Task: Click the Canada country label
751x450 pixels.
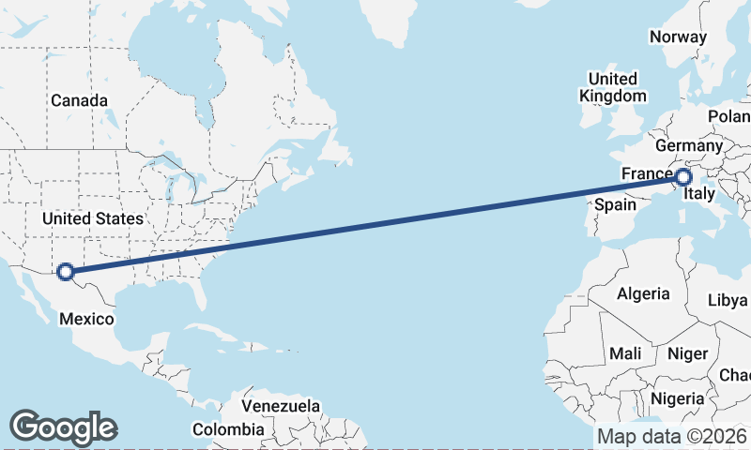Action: pos(79,100)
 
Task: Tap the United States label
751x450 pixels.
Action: pos(93,218)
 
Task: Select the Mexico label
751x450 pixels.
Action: pos(86,319)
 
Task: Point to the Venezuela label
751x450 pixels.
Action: pos(281,407)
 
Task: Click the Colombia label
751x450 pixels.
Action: pos(228,429)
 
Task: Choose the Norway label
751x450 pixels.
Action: pos(678,37)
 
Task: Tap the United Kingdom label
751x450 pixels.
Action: pos(612,87)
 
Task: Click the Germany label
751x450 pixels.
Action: pos(688,146)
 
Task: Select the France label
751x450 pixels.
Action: pos(646,174)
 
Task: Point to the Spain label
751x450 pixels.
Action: pos(617,203)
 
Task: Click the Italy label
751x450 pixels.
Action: pos(700,195)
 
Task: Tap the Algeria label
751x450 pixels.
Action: pos(643,293)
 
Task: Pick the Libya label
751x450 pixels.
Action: pos(728,301)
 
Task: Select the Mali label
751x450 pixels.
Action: pos(625,354)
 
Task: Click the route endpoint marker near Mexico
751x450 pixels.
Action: pos(66,272)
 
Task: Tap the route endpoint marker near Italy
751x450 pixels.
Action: pos(682,176)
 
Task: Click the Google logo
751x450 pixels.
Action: pos(63,427)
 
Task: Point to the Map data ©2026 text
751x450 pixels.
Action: pos(671,436)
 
